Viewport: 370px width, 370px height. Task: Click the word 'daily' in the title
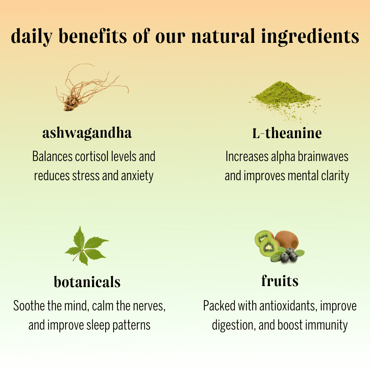[32, 37]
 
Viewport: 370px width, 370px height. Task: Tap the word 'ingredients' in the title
[310, 37]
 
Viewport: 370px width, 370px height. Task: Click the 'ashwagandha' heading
[87, 133]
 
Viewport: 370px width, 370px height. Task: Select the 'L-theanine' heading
[287, 133]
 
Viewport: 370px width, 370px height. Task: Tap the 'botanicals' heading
[87, 282]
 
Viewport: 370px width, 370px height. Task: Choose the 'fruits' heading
[280, 281]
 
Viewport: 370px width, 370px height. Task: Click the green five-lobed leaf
[86, 246]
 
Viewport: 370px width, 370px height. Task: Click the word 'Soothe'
[29, 306]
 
